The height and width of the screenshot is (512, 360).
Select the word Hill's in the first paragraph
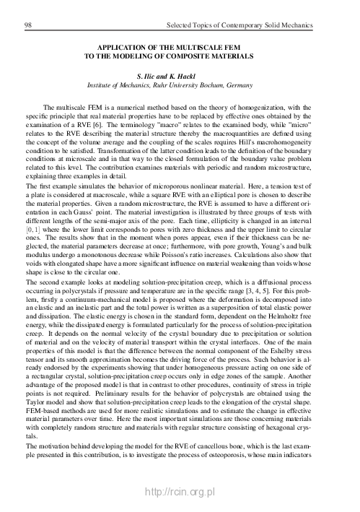[242, 132]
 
